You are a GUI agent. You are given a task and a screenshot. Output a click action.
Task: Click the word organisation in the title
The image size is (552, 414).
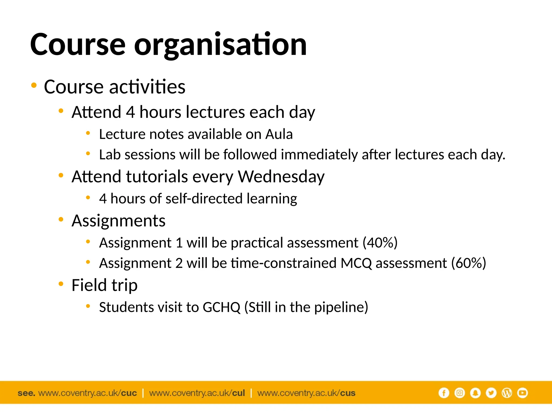click(x=220, y=45)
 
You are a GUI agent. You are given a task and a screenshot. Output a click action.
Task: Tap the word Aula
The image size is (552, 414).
click(x=279, y=134)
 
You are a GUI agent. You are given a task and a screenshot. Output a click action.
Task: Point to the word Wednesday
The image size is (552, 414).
click(x=281, y=177)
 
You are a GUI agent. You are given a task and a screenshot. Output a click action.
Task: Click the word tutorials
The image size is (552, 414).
click(x=157, y=177)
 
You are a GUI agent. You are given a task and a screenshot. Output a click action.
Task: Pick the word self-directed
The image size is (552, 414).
click(x=204, y=199)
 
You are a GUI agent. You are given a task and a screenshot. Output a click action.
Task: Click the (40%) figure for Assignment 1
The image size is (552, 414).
click(x=380, y=243)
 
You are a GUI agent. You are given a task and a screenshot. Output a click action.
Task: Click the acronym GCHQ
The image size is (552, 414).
click(x=221, y=307)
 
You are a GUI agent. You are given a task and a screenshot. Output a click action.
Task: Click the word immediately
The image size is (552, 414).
click(x=319, y=155)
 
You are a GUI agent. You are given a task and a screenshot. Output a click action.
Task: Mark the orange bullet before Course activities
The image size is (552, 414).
click(x=34, y=85)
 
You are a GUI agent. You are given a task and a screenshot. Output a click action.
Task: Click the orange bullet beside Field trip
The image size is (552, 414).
click(x=61, y=284)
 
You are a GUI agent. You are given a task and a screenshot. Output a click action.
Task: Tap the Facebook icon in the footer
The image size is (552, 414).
click(x=444, y=393)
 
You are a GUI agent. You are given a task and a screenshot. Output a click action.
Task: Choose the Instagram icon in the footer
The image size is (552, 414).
click(x=460, y=393)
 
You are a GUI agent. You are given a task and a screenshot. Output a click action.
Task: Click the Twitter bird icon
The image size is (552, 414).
click(x=491, y=393)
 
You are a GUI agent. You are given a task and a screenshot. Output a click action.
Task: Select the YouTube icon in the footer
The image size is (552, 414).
click(x=522, y=393)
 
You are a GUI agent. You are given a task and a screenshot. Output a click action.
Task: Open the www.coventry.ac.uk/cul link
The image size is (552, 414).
click(x=197, y=393)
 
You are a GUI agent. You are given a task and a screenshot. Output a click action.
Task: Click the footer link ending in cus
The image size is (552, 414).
click(x=306, y=393)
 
